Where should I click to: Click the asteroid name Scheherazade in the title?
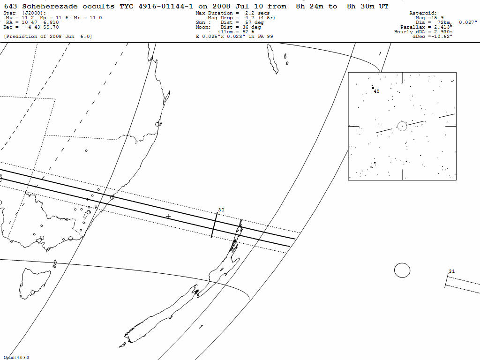tap(50, 7)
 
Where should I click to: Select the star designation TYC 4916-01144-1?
tap(156, 7)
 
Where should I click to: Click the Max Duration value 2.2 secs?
tap(257, 13)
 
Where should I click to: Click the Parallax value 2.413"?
tap(443, 27)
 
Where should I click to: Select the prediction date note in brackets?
tap(48, 37)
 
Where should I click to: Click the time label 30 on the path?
tap(221, 210)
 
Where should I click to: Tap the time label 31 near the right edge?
tap(451, 271)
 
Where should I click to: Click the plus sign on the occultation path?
tap(168, 217)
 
